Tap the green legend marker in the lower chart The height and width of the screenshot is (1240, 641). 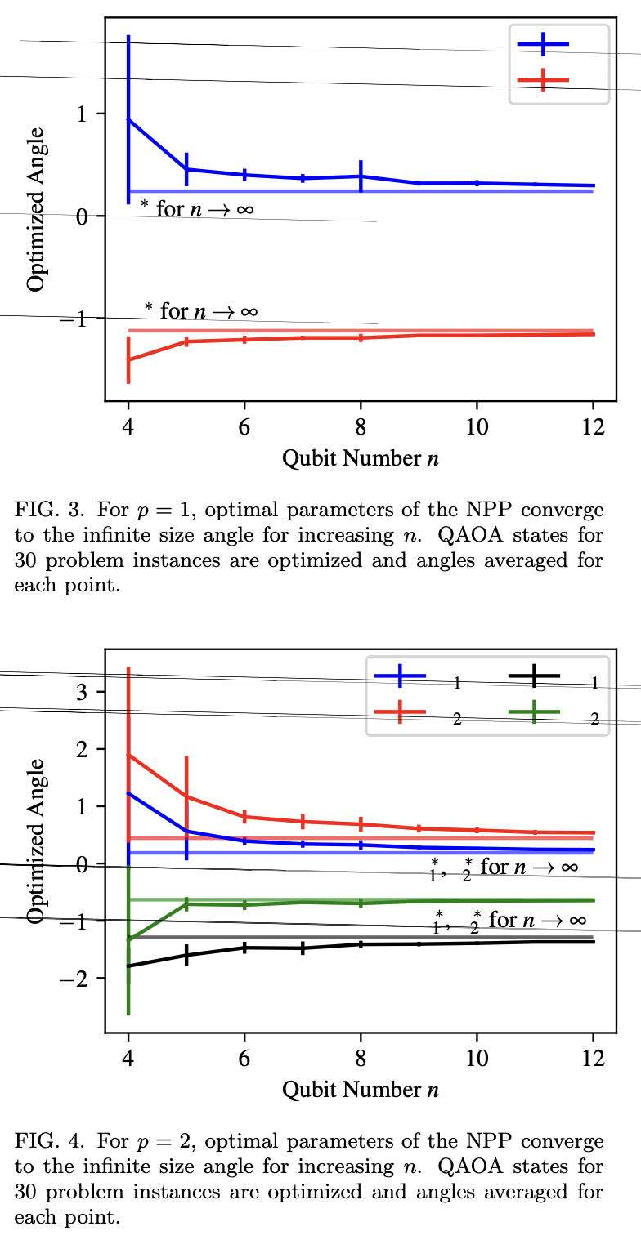point(533,712)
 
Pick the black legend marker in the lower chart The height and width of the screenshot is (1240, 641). point(533,676)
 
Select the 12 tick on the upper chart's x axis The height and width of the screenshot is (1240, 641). point(593,426)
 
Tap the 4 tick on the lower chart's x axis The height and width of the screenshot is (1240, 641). point(128,1057)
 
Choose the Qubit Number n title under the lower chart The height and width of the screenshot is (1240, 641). point(361,1090)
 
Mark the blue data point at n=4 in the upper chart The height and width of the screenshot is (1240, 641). point(128,120)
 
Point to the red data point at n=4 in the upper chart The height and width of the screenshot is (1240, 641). point(128,359)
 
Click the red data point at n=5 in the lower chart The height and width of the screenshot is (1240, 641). point(186,796)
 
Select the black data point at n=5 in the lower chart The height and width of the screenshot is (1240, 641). point(186,955)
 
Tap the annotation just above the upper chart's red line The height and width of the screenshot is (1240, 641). point(201,310)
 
